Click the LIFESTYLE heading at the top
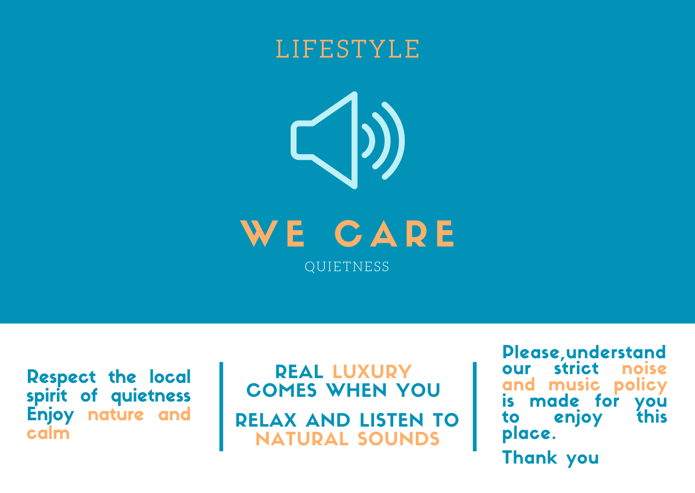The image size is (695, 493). tap(347, 49)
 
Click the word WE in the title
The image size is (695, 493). tap(273, 233)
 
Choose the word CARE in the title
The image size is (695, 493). tap(394, 233)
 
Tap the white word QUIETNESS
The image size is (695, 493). tap(347, 267)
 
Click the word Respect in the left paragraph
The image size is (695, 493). tap(61, 377)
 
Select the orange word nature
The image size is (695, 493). tap(116, 415)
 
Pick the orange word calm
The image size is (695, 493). tap(48, 433)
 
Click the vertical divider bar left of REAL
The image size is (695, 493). tap(221, 406)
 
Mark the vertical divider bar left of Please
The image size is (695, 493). tap(474, 406)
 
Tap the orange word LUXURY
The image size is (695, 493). tap(372, 372)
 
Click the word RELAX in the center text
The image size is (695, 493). tap(266, 420)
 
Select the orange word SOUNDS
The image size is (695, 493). tap(398, 439)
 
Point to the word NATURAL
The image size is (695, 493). tap(302, 439)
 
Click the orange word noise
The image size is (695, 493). tap(645, 369)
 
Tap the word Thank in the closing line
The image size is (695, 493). tap(530, 458)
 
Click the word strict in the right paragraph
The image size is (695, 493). tap(576, 369)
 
